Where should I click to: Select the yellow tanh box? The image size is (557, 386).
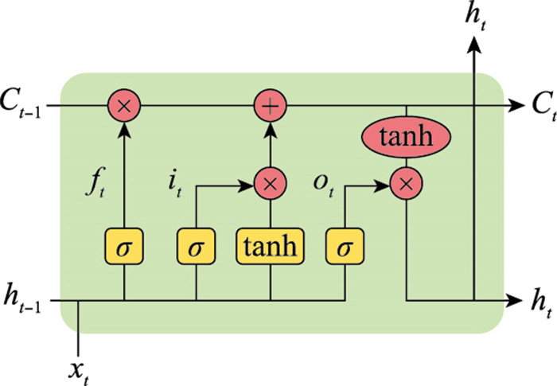[x=271, y=246]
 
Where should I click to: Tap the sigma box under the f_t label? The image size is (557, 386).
[x=124, y=246]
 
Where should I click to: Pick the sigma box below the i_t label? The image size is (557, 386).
[x=196, y=246]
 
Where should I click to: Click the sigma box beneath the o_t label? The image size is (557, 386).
[x=345, y=246]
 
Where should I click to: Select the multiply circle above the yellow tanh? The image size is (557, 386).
[x=271, y=184]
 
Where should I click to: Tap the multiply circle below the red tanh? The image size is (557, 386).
[x=407, y=184]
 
